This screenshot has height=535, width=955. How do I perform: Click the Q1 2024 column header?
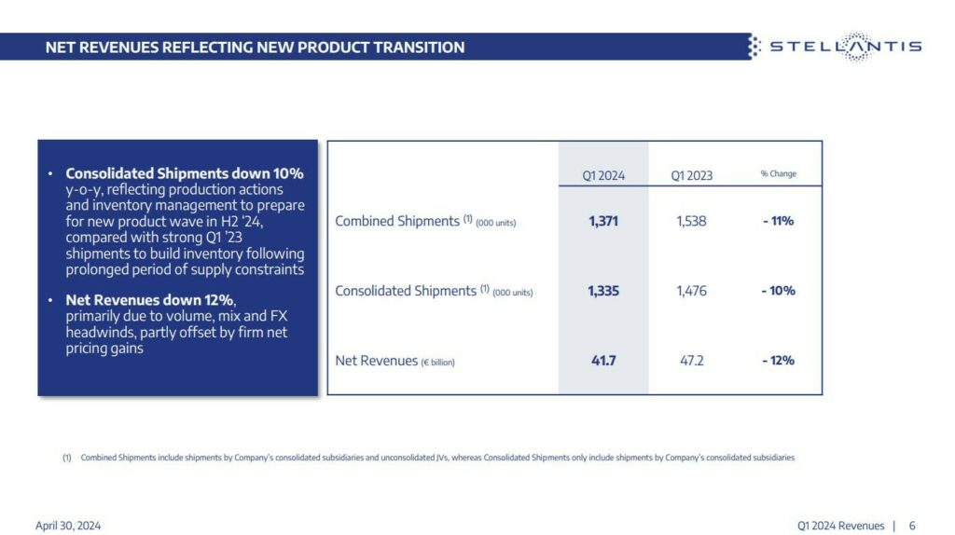603,175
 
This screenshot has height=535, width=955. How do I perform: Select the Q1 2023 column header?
691,175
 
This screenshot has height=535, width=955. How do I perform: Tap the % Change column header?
778,174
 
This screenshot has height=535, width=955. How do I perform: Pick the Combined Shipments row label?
425,222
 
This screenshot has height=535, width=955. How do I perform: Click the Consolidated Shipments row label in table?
434,291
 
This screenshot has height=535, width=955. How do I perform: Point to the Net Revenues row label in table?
394,361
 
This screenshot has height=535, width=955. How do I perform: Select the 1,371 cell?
603,222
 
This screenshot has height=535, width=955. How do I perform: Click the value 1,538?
691,222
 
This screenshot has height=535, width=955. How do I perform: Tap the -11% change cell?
777,222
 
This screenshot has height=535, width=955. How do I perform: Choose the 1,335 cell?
603,291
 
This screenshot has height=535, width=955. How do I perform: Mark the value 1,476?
691,291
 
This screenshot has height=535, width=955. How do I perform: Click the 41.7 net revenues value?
603,360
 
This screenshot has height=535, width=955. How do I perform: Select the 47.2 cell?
691,360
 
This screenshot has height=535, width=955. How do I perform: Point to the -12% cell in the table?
777,360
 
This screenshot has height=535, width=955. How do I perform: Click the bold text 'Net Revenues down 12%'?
150,300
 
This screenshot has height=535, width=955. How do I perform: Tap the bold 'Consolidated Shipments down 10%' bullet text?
184,174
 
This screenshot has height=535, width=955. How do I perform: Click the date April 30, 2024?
68,526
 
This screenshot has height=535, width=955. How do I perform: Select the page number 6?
912,526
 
